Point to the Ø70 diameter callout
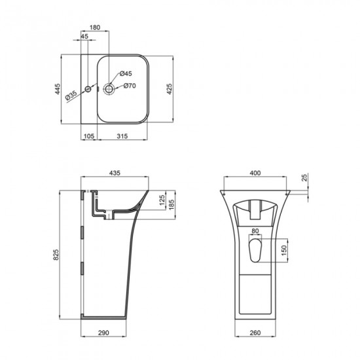130,86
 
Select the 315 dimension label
122,136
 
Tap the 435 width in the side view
115,173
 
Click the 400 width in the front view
256,173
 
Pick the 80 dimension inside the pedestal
256,230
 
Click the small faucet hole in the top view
88,87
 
